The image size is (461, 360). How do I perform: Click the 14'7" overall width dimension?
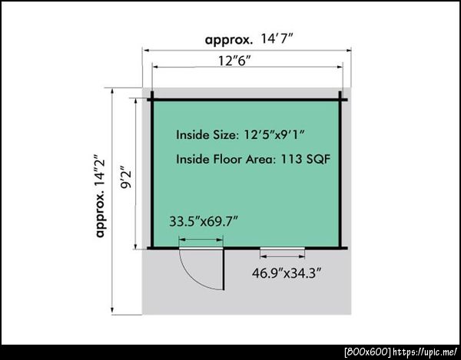point(277,39)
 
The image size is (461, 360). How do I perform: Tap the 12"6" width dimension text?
point(234,61)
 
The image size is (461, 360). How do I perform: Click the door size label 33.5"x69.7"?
point(204,221)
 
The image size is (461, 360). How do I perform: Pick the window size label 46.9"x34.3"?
point(286,273)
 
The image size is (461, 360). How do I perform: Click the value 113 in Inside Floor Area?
point(291,159)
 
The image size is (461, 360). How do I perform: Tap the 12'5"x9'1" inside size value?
point(274,135)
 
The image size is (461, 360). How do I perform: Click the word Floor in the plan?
point(227,159)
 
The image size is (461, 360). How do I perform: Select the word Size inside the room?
point(224,135)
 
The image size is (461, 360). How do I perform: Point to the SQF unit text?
point(319,159)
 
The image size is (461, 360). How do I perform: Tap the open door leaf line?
point(224,269)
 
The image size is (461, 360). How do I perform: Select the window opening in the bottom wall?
point(282,249)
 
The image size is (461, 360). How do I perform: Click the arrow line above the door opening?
point(201,239)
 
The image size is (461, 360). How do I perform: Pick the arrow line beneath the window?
point(282,256)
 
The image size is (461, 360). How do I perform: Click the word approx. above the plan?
point(229,40)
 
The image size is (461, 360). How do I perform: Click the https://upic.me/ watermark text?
point(426,352)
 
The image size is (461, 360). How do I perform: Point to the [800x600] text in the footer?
point(368,352)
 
